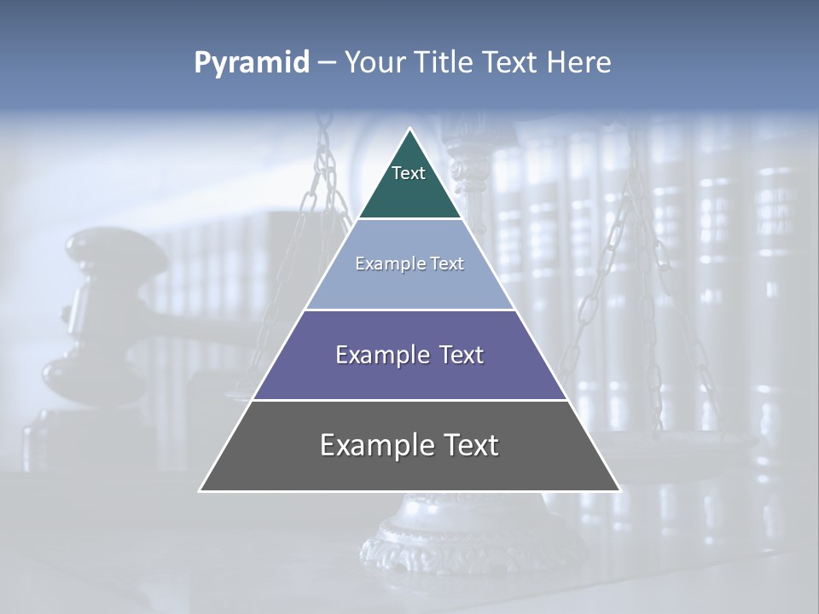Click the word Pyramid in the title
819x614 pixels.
[251, 63]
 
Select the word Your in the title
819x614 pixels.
[375, 63]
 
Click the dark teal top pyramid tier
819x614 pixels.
[409, 192]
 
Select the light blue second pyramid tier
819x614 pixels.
[409, 286]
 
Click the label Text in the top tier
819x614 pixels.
[409, 173]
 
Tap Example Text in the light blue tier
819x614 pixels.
[409, 264]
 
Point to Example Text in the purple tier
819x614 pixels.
[409, 355]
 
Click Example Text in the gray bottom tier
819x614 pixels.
[409, 445]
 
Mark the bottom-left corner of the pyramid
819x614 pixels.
[200, 490]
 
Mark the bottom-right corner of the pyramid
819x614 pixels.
[619, 490]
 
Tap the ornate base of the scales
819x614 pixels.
[401, 546]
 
